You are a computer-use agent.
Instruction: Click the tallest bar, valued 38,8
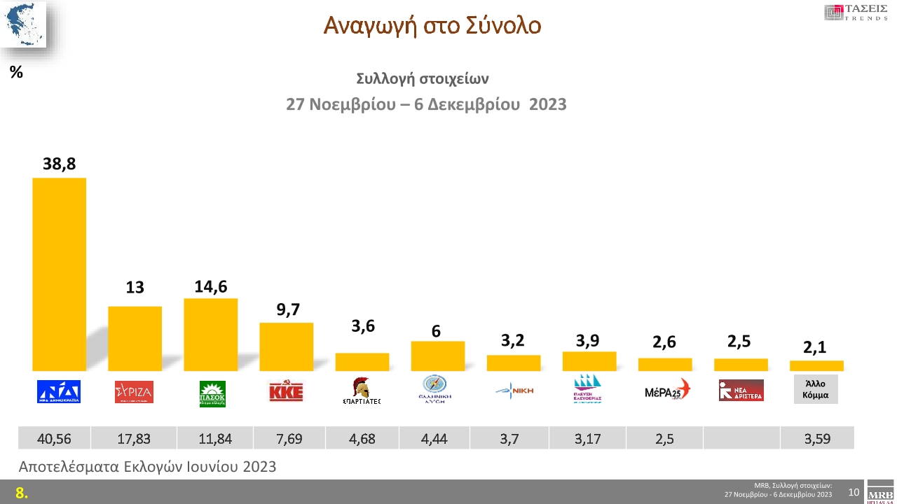(60, 274)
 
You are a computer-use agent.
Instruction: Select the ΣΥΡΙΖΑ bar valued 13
(135, 338)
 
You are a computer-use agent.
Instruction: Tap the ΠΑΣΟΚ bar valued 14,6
(211, 335)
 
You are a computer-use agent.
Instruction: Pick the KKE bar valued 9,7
(287, 346)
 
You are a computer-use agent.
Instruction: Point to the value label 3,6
(362, 325)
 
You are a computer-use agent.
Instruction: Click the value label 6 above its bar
(436, 331)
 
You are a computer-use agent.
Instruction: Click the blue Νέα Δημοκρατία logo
(59, 391)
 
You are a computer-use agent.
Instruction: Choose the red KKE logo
(286, 391)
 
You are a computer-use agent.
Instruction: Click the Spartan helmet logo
(362, 390)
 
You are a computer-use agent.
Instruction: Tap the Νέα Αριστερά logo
(741, 391)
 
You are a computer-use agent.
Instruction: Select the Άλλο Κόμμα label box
(816, 389)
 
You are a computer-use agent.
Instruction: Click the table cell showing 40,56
(53, 439)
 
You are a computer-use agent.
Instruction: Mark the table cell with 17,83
(135, 439)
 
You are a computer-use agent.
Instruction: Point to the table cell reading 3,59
(816, 439)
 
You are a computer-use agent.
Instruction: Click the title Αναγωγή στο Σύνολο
(432, 26)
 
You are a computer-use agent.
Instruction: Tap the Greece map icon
(23, 24)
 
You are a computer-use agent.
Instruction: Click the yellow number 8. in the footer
(22, 493)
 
